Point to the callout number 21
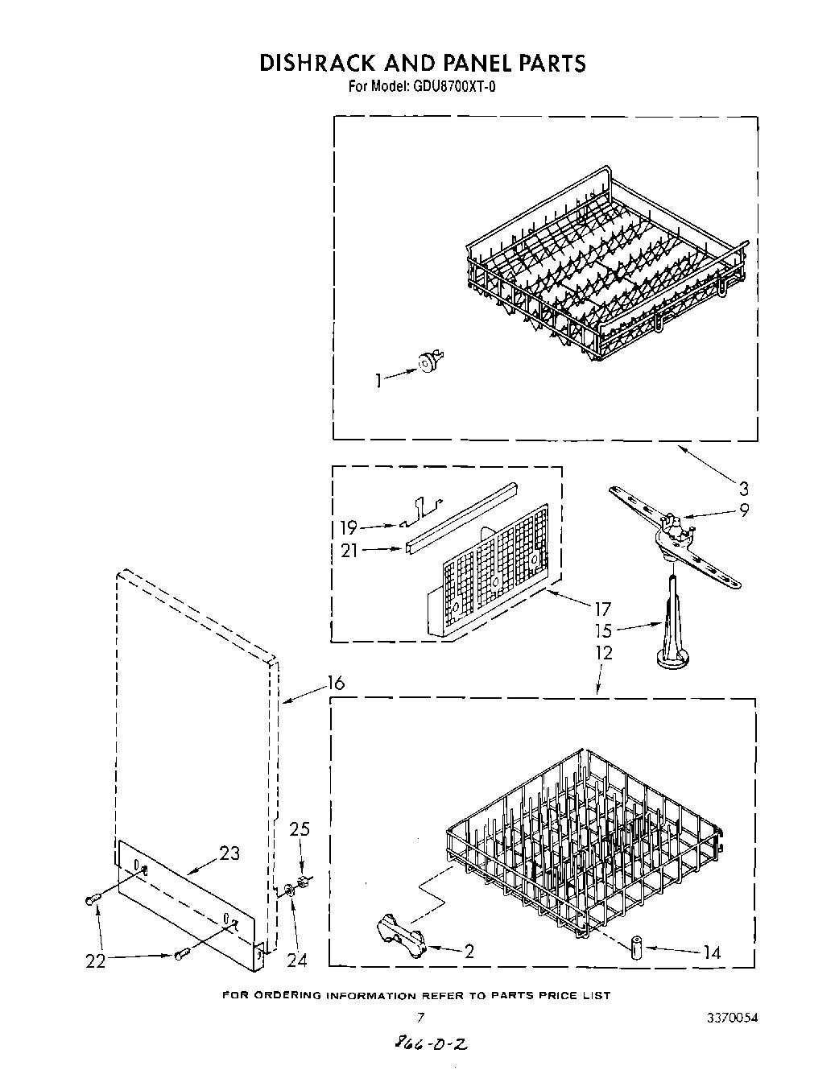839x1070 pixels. [x=349, y=551]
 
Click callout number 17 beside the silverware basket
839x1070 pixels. [x=602, y=609]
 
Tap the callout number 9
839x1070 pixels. [x=744, y=510]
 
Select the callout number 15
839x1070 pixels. [x=603, y=630]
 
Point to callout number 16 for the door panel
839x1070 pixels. [x=336, y=683]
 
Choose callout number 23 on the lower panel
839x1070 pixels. [x=229, y=853]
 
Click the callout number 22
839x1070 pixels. [x=96, y=961]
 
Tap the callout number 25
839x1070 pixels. [x=299, y=829]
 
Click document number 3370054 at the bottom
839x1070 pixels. [x=729, y=1018]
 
